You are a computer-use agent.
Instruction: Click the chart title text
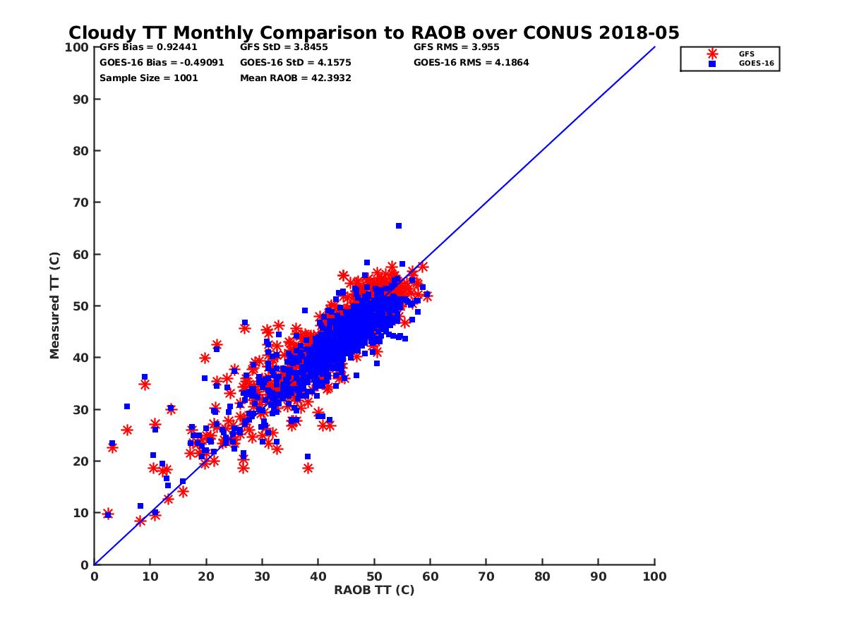pos(374,32)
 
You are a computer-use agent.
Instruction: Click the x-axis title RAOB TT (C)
pos(374,590)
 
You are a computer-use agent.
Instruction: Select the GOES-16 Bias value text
pos(162,62)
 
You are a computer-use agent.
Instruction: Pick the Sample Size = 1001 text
pos(149,78)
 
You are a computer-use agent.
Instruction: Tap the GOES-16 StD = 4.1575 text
pos(296,62)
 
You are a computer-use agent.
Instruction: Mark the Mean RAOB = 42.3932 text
pos(296,78)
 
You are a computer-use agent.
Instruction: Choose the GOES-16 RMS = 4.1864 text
pos(471,62)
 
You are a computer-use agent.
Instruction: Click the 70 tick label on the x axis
pos(486,576)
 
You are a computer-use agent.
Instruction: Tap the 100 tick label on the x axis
pos(655,576)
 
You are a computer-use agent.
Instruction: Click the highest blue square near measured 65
pos(399,226)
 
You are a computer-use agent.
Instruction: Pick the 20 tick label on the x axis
pos(206,576)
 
